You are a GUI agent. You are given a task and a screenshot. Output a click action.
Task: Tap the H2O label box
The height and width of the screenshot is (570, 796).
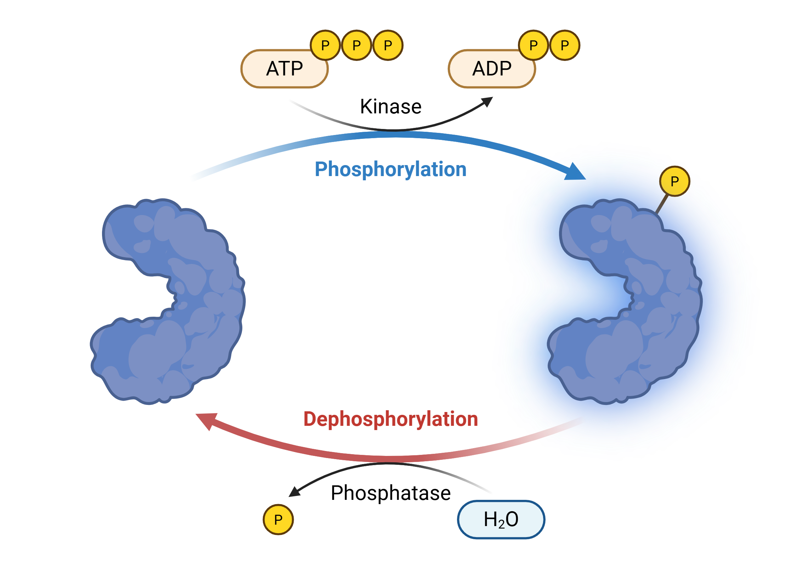point(501,519)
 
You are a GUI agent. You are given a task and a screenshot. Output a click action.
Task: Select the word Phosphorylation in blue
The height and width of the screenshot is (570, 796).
point(390,169)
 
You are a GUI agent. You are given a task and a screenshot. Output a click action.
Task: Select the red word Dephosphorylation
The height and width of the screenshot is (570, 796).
point(390,419)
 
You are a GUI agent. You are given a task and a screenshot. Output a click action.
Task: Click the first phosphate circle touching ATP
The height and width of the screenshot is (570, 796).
point(325,45)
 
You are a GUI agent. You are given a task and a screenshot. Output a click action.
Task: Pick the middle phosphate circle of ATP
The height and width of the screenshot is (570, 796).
point(356,45)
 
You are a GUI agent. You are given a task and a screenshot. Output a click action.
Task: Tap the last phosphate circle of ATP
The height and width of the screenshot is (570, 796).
point(388,45)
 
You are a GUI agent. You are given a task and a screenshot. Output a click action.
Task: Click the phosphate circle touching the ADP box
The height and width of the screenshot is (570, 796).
point(533,45)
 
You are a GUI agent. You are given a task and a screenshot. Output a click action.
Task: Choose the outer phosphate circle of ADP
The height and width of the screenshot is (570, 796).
point(565,45)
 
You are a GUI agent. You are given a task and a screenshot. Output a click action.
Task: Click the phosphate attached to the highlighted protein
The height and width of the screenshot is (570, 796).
point(674,181)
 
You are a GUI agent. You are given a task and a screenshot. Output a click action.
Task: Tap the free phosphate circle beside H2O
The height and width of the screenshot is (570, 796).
point(278,520)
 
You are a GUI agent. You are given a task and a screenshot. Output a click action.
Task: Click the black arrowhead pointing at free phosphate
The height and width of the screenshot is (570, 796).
point(294,492)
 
